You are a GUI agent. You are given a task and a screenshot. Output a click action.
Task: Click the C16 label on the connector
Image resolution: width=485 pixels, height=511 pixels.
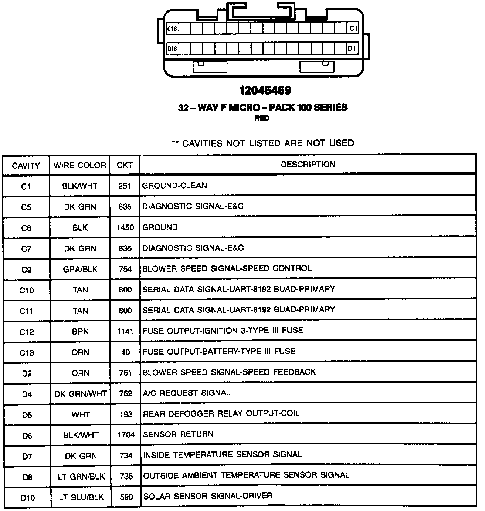[x=172, y=28]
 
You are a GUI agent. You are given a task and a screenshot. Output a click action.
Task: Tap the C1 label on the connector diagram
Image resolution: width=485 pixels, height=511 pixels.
[x=353, y=28]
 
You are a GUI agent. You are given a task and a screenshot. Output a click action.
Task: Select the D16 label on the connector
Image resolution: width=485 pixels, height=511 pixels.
[x=172, y=48]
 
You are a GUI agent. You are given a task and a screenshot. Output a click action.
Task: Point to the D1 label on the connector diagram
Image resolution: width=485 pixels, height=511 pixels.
[x=352, y=48]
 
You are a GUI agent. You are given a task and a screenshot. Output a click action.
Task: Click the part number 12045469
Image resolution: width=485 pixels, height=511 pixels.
[x=265, y=91]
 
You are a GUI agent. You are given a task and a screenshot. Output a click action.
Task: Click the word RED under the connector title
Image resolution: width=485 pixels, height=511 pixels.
[x=262, y=118]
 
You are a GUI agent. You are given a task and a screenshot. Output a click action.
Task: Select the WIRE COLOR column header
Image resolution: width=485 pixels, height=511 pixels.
[x=80, y=165]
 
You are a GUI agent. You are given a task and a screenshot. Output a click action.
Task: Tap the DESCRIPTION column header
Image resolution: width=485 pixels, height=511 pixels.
[x=308, y=165]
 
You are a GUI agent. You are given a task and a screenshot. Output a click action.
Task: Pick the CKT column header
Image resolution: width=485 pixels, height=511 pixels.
[x=125, y=165]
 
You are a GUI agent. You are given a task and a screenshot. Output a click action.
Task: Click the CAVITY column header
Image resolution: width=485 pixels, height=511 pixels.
[x=26, y=166]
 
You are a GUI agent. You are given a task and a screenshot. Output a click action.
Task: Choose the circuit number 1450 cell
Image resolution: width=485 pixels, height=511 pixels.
[x=125, y=228]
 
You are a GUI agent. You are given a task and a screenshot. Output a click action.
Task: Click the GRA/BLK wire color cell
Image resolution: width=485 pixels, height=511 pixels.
[x=80, y=269]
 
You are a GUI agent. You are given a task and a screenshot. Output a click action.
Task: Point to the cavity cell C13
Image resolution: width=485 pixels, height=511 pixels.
[x=27, y=353]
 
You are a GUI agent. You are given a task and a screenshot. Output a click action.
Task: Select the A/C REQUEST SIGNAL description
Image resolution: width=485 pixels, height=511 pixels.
[x=187, y=393]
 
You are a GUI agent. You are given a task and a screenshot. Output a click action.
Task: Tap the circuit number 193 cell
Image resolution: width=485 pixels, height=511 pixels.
[x=126, y=414]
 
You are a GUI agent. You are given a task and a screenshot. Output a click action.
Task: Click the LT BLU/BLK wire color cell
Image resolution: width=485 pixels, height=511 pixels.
[x=81, y=497]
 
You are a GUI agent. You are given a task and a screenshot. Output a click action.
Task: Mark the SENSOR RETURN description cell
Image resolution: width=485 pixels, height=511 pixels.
[x=178, y=434]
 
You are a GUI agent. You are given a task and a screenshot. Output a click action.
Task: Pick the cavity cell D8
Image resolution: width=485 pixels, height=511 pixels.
[x=27, y=477]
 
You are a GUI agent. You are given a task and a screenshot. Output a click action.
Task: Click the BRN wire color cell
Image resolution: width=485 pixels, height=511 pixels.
[x=80, y=332]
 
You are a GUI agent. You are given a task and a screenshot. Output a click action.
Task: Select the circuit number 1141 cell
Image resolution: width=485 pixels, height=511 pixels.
[x=125, y=332]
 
